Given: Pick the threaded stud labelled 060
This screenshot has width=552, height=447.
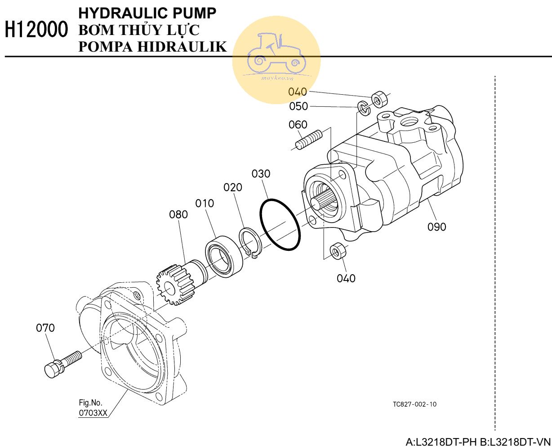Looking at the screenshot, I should coord(309,139).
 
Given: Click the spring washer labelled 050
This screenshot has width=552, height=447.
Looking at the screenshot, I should coord(362,107).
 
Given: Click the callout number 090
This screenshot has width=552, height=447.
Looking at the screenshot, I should coord(436,227).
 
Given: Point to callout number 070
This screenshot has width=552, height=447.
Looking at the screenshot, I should coord(45,328).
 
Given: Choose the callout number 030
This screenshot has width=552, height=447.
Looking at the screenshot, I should coord(261,174).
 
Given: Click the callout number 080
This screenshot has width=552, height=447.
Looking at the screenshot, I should coord(178,215).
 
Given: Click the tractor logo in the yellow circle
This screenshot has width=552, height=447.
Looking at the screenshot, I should coord(276,54).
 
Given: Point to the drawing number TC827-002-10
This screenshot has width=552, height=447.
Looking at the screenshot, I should coord(414,404).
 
